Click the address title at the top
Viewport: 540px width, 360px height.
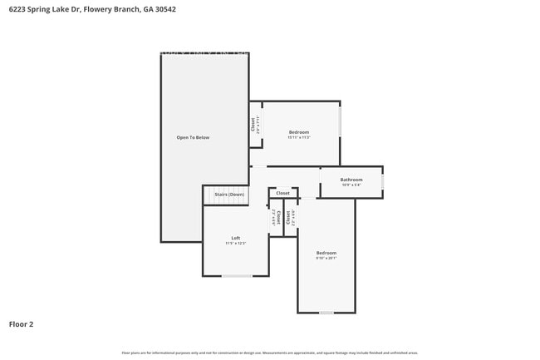click(91, 9)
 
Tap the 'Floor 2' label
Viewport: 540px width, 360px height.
click(22, 324)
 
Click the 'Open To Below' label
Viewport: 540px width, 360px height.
click(193, 137)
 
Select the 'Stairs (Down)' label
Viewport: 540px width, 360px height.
click(229, 195)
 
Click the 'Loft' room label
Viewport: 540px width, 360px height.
click(236, 238)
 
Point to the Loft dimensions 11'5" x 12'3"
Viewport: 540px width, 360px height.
click(236, 244)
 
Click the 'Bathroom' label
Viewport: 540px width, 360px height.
click(351, 180)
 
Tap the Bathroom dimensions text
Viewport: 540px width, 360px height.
click(351, 185)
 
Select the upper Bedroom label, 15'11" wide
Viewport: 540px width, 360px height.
click(299, 132)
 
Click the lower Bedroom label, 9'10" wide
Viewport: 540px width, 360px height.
click(326, 253)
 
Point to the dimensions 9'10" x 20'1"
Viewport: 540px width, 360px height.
click(326, 259)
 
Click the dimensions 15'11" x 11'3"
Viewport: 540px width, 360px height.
click(299, 138)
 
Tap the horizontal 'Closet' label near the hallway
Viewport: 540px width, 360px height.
click(283, 193)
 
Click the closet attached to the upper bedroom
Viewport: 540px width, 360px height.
click(255, 125)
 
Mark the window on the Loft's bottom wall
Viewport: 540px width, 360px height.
click(237, 276)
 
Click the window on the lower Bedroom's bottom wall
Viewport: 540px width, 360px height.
click(326, 313)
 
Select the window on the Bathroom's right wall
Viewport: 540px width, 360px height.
click(382, 181)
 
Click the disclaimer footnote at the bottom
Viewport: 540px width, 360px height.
click(269, 353)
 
